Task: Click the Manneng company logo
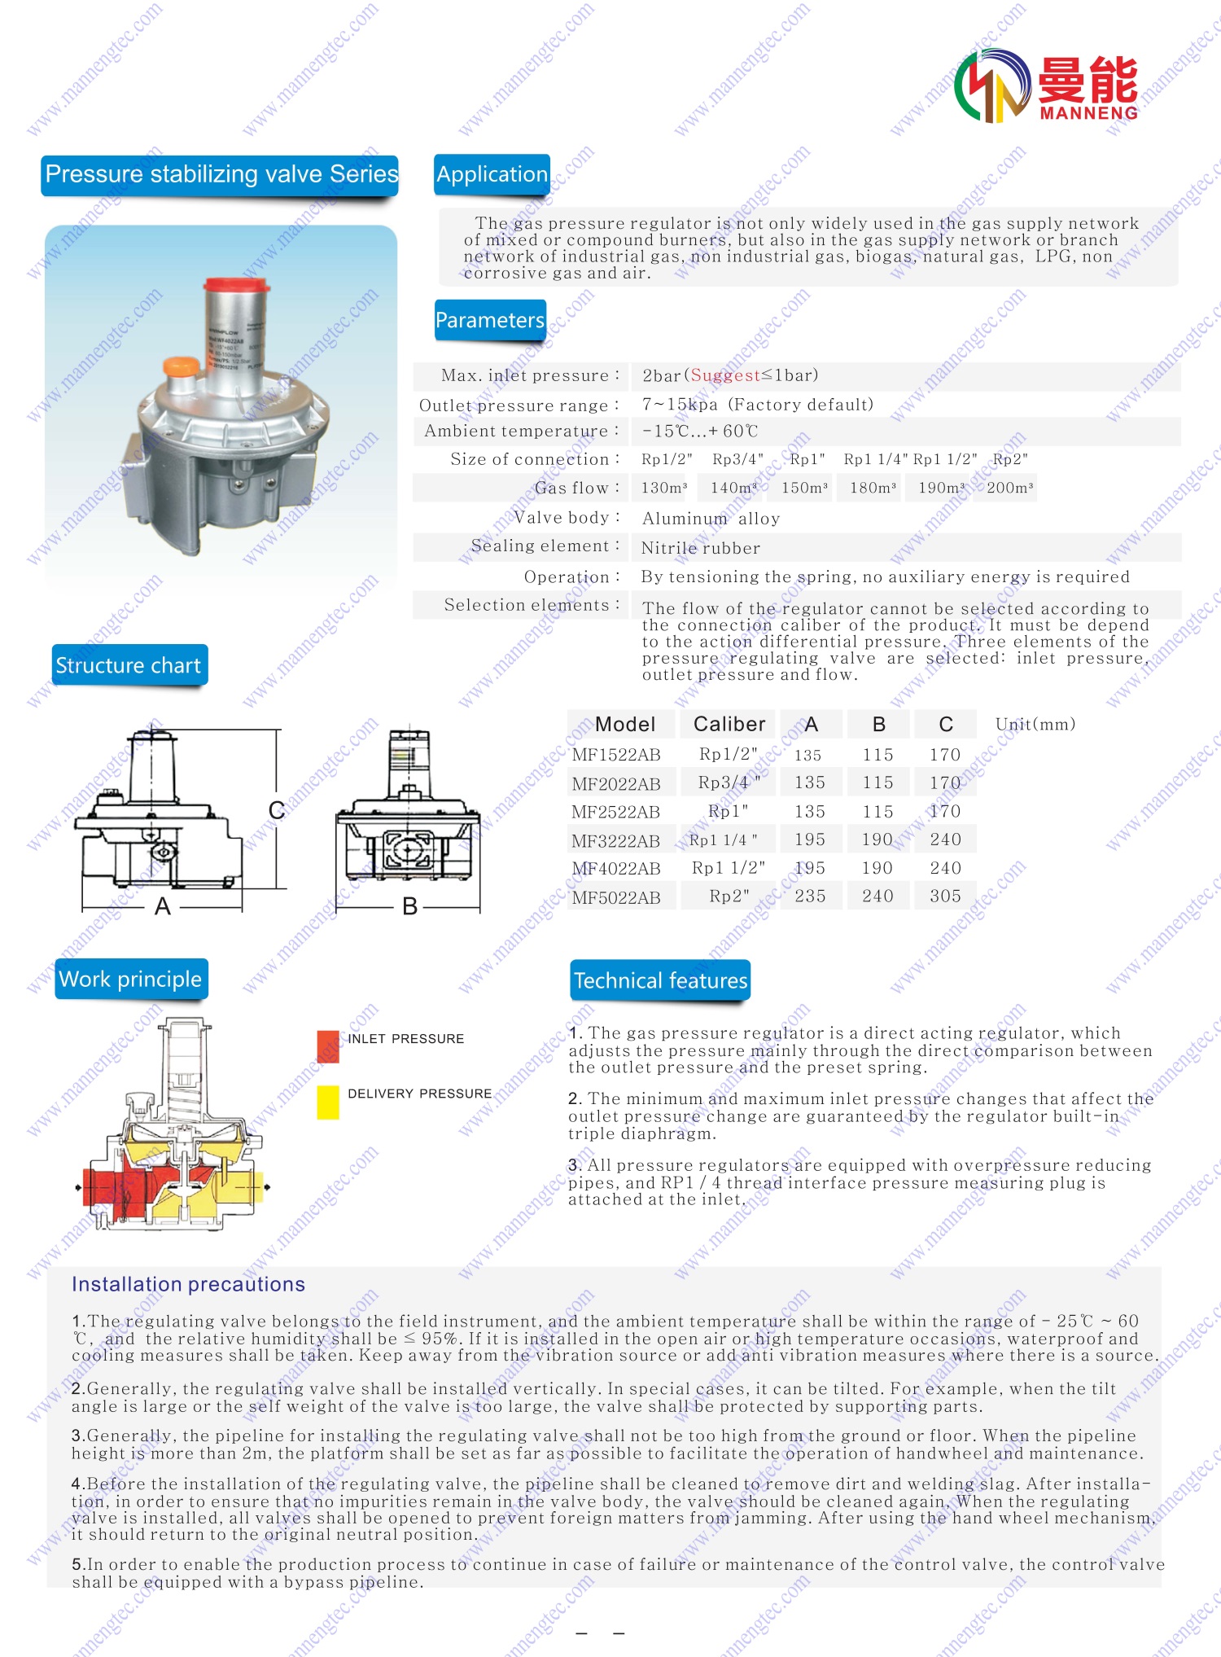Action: pyautogui.click(x=1047, y=86)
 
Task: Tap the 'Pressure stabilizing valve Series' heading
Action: pyautogui.click(x=221, y=174)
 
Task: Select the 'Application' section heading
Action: pyautogui.click(x=492, y=174)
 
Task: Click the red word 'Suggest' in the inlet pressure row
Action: pyautogui.click(x=725, y=375)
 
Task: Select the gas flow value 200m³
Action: pyautogui.click(x=1009, y=488)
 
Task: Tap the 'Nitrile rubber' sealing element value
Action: pyautogui.click(x=700, y=548)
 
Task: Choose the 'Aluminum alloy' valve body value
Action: pyautogui.click(x=711, y=519)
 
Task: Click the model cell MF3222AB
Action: pyautogui.click(x=616, y=840)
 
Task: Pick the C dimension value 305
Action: pyautogui.click(x=945, y=896)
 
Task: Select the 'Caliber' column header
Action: pyautogui.click(x=729, y=724)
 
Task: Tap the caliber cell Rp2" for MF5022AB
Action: pyautogui.click(x=729, y=896)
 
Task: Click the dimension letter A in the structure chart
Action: pyautogui.click(x=163, y=906)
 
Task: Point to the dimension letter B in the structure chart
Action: pyautogui.click(x=410, y=906)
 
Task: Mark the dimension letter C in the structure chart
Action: pyautogui.click(x=277, y=810)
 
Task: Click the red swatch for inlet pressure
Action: pyautogui.click(x=328, y=1045)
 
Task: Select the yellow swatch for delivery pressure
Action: pyautogui.click(x=328, y=1102)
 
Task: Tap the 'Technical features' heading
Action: pyautogui.click(x=660, y=980)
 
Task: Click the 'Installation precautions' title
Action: pyautogui.click(x=188, y=1284)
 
